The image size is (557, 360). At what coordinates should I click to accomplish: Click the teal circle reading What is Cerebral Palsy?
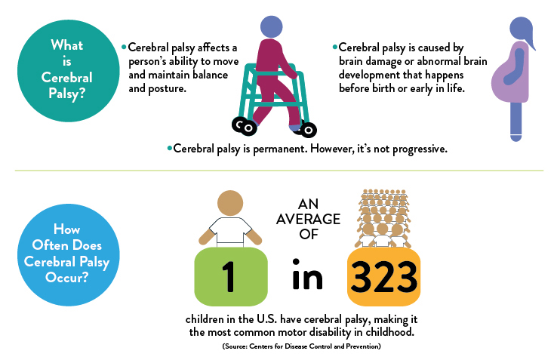[68, 71]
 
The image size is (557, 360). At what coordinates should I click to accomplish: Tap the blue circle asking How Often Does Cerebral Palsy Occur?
[68, 255]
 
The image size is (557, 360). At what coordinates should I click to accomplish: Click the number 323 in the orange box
[383, 277]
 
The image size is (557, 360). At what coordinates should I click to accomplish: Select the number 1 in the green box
[229, 276]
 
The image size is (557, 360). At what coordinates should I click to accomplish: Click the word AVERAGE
[309, 220]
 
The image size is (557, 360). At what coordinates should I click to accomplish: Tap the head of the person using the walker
[272, 26]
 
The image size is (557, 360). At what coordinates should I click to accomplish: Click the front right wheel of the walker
[309, 130]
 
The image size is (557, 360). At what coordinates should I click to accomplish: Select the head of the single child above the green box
[230, 203]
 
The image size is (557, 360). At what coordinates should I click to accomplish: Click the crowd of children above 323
[383, 218]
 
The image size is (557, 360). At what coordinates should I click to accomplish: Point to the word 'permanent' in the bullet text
[279, 149]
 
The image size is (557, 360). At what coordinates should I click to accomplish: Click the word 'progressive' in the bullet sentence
[419, 149]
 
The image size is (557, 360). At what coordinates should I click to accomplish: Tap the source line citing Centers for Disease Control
[302, 346]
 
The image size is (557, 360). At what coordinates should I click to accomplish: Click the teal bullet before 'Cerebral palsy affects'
[124, 47]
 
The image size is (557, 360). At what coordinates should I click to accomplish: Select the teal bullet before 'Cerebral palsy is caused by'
[334, 47]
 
